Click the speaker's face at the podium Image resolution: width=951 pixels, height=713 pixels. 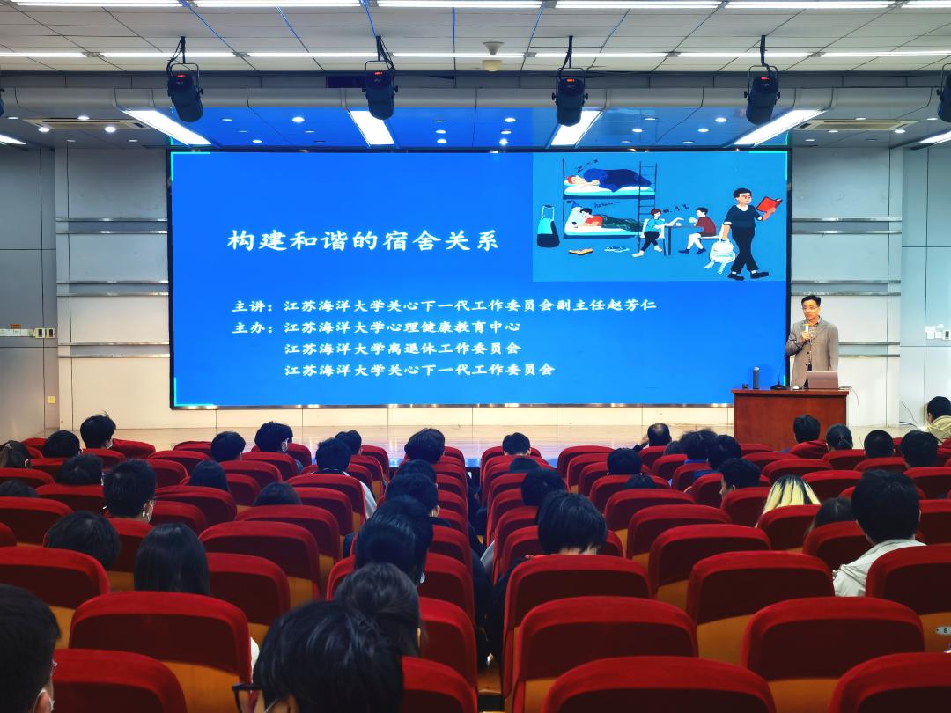tap(810, 309)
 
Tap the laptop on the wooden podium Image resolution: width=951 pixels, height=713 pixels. tap(822, 379)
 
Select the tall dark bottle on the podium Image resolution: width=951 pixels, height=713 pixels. tap(756, 378)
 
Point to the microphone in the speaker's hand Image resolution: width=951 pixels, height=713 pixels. tap(807, 329)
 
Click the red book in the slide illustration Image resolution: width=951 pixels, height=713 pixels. tap(769, 204)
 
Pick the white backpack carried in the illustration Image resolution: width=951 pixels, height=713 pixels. tap(721, 252)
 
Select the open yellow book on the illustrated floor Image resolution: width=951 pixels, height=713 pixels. tap(581, 251)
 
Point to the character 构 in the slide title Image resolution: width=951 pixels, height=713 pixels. tap(240, 240)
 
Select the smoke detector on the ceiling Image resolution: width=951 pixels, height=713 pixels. tap(492, 55)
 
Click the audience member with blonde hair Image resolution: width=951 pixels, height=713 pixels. tap(789, 494)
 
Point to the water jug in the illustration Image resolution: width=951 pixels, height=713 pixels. tap(547, 226)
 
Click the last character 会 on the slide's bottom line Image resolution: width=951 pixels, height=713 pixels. tap(548, 369)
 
